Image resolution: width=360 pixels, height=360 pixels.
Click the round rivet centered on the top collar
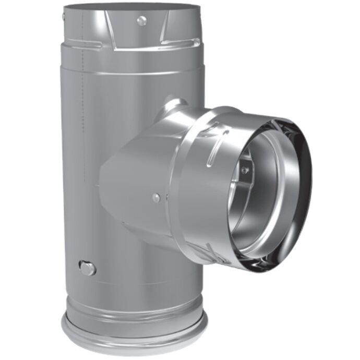141,20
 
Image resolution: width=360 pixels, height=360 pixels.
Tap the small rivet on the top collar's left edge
63,17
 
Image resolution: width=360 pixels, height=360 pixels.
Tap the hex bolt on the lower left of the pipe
87,268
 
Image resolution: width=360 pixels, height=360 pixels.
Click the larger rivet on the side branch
156,197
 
